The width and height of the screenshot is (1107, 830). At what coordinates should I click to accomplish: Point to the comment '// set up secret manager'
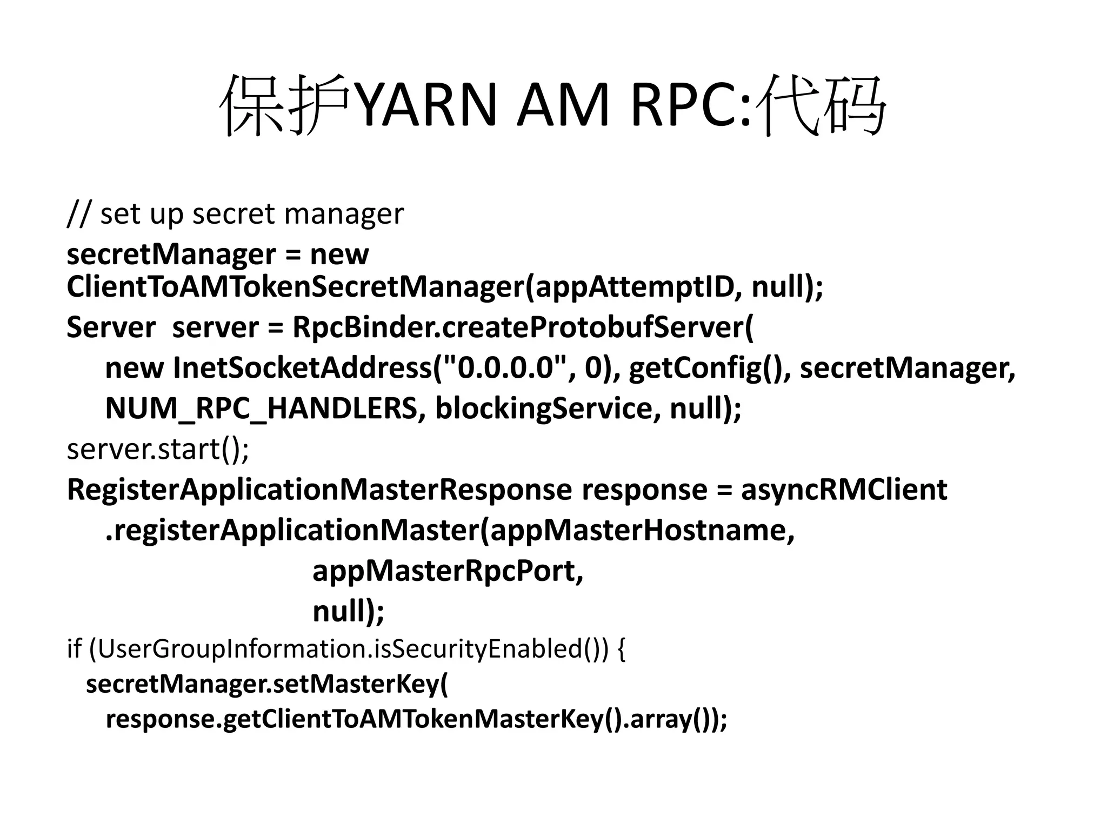pyautogui.click(x=235, y=213)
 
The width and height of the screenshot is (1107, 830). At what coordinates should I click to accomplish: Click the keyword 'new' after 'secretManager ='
pyautogui.click(x=339, y=254)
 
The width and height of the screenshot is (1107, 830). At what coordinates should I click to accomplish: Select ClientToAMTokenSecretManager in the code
pyautogui.click(x=295, y=286)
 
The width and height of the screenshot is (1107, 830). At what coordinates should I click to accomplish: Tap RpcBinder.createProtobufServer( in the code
pyautogui.click(x=522, y=327)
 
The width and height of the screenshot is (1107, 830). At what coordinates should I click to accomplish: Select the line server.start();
pyautogui.click(x=158, y=449)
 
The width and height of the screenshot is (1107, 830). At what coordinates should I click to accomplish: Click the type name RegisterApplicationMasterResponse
pyautogui.click(x=319, y=490)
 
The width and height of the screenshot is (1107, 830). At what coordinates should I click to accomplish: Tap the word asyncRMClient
pyautogui.click(x=844, y=490)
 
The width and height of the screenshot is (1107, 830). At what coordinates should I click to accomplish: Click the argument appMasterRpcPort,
pyautogui.click(x=448, y=571)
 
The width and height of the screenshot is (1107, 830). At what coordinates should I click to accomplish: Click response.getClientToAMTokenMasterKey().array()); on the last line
pyautogui.click(x=416, y=719)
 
